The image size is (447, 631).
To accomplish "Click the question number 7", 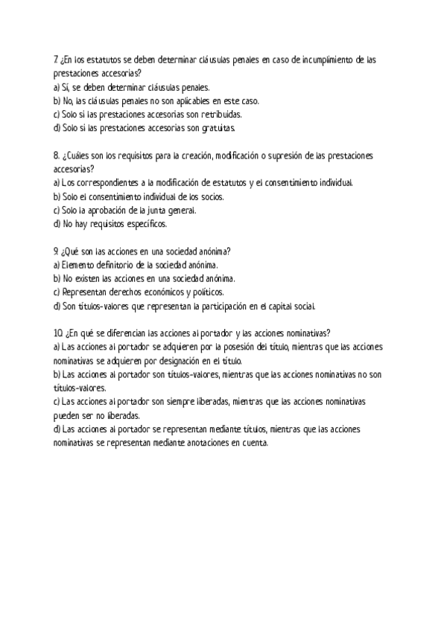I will tap(56, 60).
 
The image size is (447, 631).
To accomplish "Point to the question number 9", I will tap(56, 251).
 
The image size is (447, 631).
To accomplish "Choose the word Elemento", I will tap(78, 264).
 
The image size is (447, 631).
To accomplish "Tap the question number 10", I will tap(57, 333).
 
